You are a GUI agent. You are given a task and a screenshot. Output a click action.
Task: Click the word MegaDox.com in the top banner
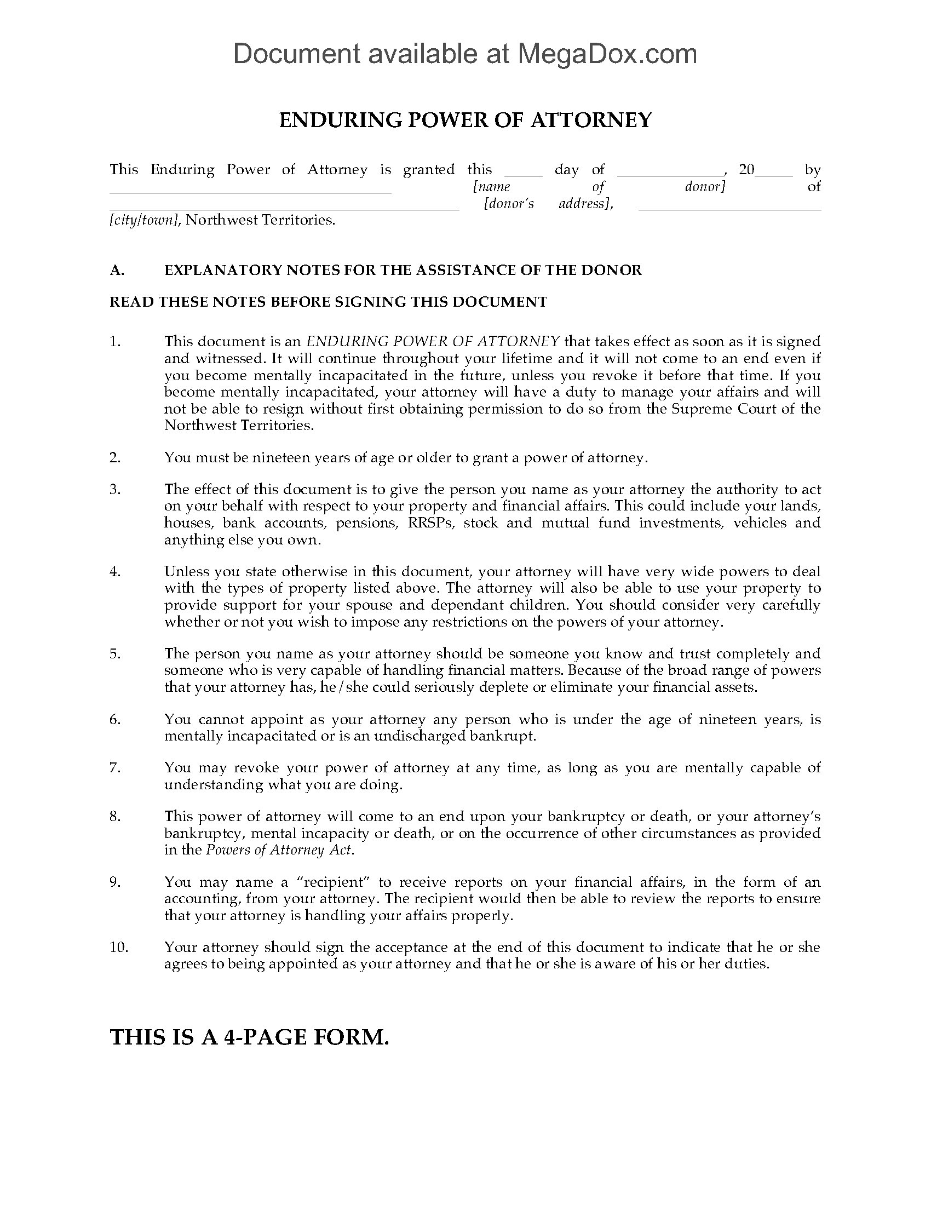[607, 54]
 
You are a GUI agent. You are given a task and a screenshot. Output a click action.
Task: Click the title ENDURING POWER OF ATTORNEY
[465, 120]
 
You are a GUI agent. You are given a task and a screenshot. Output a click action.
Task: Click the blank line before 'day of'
[524, 173]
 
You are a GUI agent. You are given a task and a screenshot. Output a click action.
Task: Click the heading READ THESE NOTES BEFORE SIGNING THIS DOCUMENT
[328, 302]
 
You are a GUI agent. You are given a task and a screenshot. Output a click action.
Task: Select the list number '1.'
[114, 342]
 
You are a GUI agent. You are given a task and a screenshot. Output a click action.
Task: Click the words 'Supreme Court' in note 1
[715, 409]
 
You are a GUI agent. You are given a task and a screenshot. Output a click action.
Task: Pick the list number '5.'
[114, 654]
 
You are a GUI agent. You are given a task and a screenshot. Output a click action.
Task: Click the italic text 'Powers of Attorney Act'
[279, 850]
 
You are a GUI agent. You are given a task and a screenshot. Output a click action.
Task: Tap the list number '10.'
[119, 948]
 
